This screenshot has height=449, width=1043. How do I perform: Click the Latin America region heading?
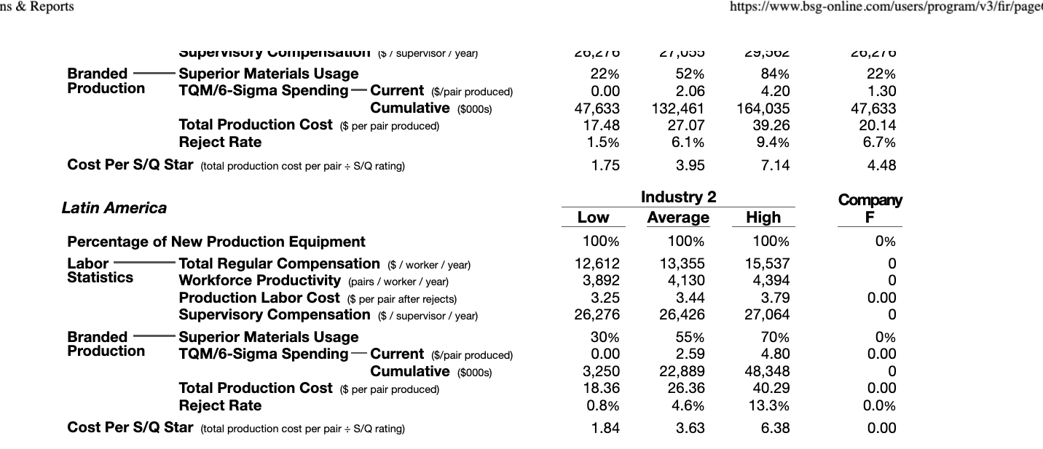[x=114, y=208]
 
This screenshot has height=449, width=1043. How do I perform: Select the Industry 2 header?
[x=678, y=197]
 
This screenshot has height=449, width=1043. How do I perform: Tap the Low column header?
[x=593, y=218]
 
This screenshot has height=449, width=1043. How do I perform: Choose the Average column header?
[x=678, y=218]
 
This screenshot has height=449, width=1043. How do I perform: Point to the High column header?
[x=763, y=218]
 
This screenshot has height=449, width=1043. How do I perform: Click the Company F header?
[x=870, y=209]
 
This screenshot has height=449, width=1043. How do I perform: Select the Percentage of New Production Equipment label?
[x=216, y=242]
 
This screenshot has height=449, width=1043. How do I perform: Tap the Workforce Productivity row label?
[x=259, y=281]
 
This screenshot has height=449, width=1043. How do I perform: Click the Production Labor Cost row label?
[x=259, y=298]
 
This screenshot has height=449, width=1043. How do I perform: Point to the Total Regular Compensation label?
[x=279, y=263]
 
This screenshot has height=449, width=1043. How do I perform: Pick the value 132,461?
[x=677, y=108]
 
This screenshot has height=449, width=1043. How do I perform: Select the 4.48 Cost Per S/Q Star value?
[x=881, y=166]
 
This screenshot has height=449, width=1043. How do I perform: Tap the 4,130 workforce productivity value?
[x=687, y=281]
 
